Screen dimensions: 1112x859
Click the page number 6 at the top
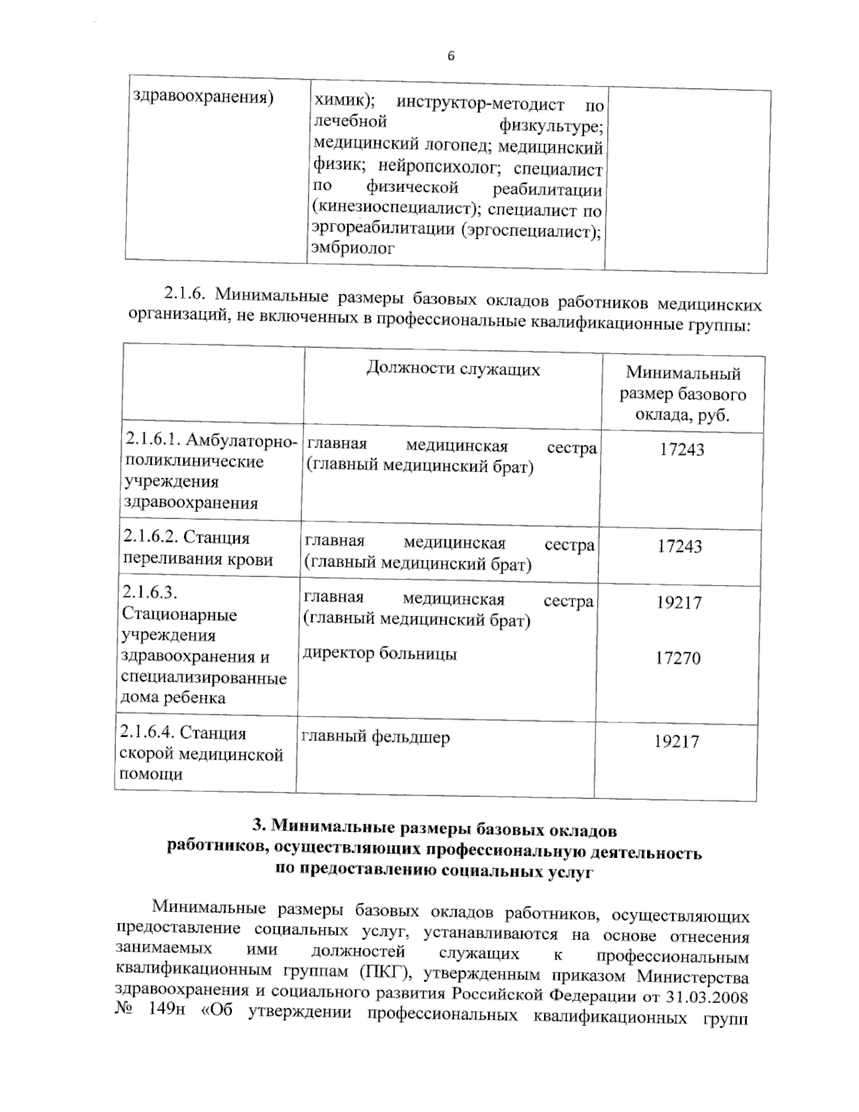[x=451, y=57]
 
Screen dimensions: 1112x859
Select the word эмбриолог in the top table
[x=354, y=248]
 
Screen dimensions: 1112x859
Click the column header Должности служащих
[x=453, y=369]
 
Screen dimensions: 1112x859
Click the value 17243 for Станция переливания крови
[x=680, y=547]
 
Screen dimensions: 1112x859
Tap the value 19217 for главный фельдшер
[x=676, y=742]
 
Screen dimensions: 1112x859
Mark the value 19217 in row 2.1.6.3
[x=679, y=602]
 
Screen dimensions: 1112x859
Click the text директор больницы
[x=380, y=654]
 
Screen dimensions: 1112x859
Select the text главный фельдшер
[x=376, y=737]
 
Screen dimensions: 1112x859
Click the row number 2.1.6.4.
[x=147, y=733]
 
